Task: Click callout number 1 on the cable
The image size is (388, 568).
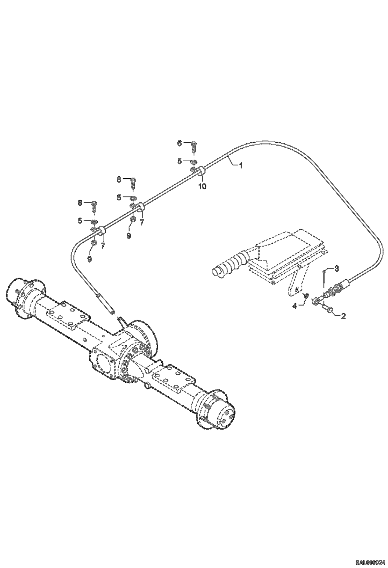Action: [241, 165]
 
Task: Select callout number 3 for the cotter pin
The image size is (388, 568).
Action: [336, 269]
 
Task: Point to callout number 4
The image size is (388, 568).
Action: [295, 306]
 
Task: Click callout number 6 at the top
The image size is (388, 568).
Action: [179, 143]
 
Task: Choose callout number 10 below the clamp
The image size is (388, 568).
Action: [202, 186]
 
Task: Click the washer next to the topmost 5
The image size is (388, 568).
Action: [193, 162]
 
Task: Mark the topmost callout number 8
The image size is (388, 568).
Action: [119, 179]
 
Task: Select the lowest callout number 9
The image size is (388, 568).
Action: [89, 259]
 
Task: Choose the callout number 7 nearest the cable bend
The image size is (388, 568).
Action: [103, 245]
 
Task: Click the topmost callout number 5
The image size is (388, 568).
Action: [179, 161]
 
